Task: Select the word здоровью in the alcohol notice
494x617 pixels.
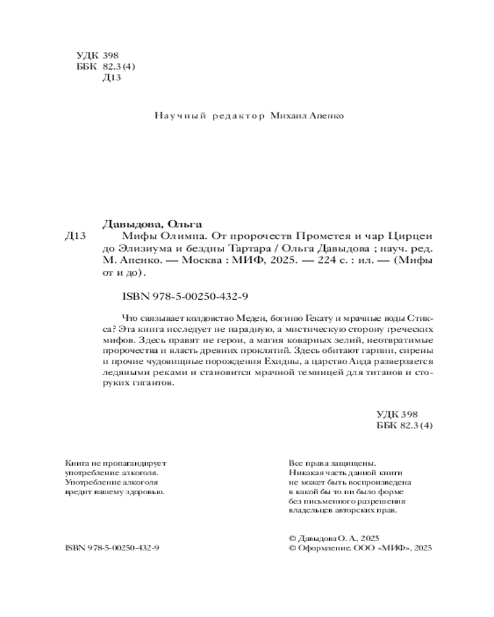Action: tap(146, 492)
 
